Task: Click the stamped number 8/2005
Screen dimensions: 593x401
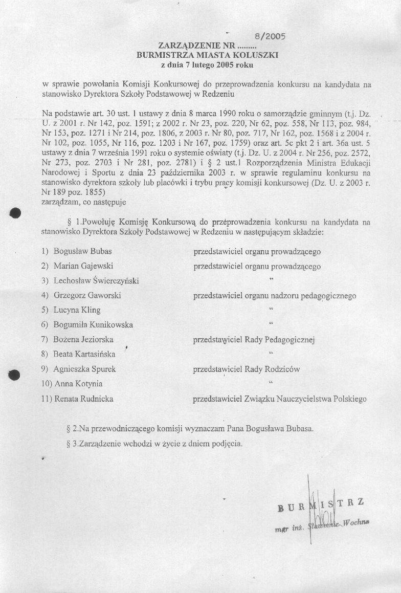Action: [269, 36]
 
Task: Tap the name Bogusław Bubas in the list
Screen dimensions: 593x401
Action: [83, 252]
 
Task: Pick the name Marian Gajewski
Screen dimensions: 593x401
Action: [84, 266]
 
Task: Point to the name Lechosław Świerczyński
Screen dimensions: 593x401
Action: [96, 280]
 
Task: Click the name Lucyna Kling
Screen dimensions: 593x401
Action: [77, 310]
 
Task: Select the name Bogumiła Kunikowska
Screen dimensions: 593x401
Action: [93, 324]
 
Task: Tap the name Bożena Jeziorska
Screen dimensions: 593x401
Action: [83, 339]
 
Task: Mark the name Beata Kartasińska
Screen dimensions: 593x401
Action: [84, 354]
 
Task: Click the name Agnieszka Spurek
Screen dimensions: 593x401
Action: [84, 369]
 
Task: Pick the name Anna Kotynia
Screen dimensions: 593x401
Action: [78, 384]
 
